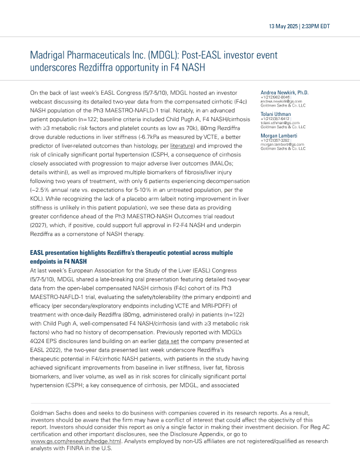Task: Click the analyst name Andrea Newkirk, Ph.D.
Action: pos(284,93)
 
